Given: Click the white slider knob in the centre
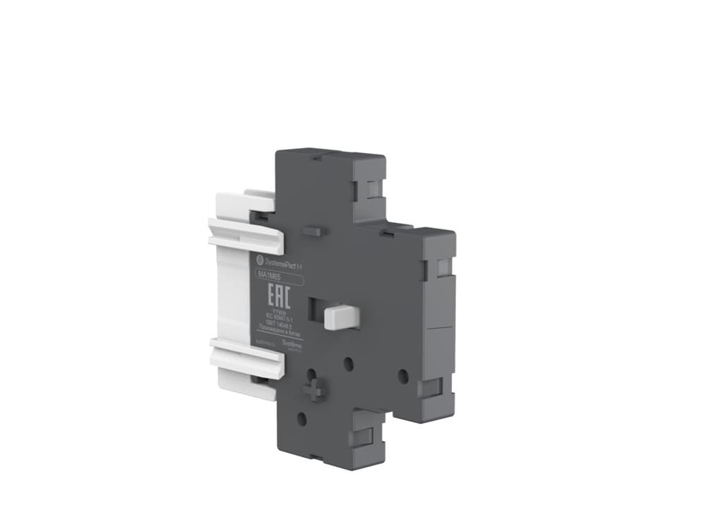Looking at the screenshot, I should [340, 316].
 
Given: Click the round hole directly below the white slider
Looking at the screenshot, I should [348, 364].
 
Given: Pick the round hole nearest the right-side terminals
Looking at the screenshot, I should [402, 375].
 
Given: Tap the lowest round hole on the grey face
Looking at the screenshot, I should [302, 418].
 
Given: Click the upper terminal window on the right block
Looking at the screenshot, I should [442, 267].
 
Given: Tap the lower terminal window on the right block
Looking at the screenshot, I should [430, 387].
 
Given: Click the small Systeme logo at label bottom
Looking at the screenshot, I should [292, 342].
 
